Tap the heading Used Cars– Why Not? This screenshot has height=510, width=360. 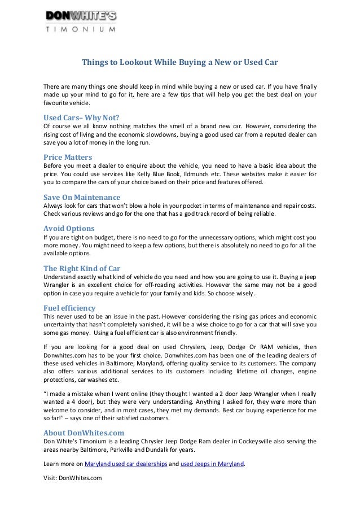[x=82, y=117]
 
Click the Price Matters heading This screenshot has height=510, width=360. [x=68, y=157]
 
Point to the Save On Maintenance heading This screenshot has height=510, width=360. [x=82, y=197]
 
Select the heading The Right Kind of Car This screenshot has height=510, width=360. [x=82, y=268]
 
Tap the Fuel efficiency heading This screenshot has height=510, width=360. [x=69, y=308]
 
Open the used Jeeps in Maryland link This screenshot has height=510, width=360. [x=212, y=464]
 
